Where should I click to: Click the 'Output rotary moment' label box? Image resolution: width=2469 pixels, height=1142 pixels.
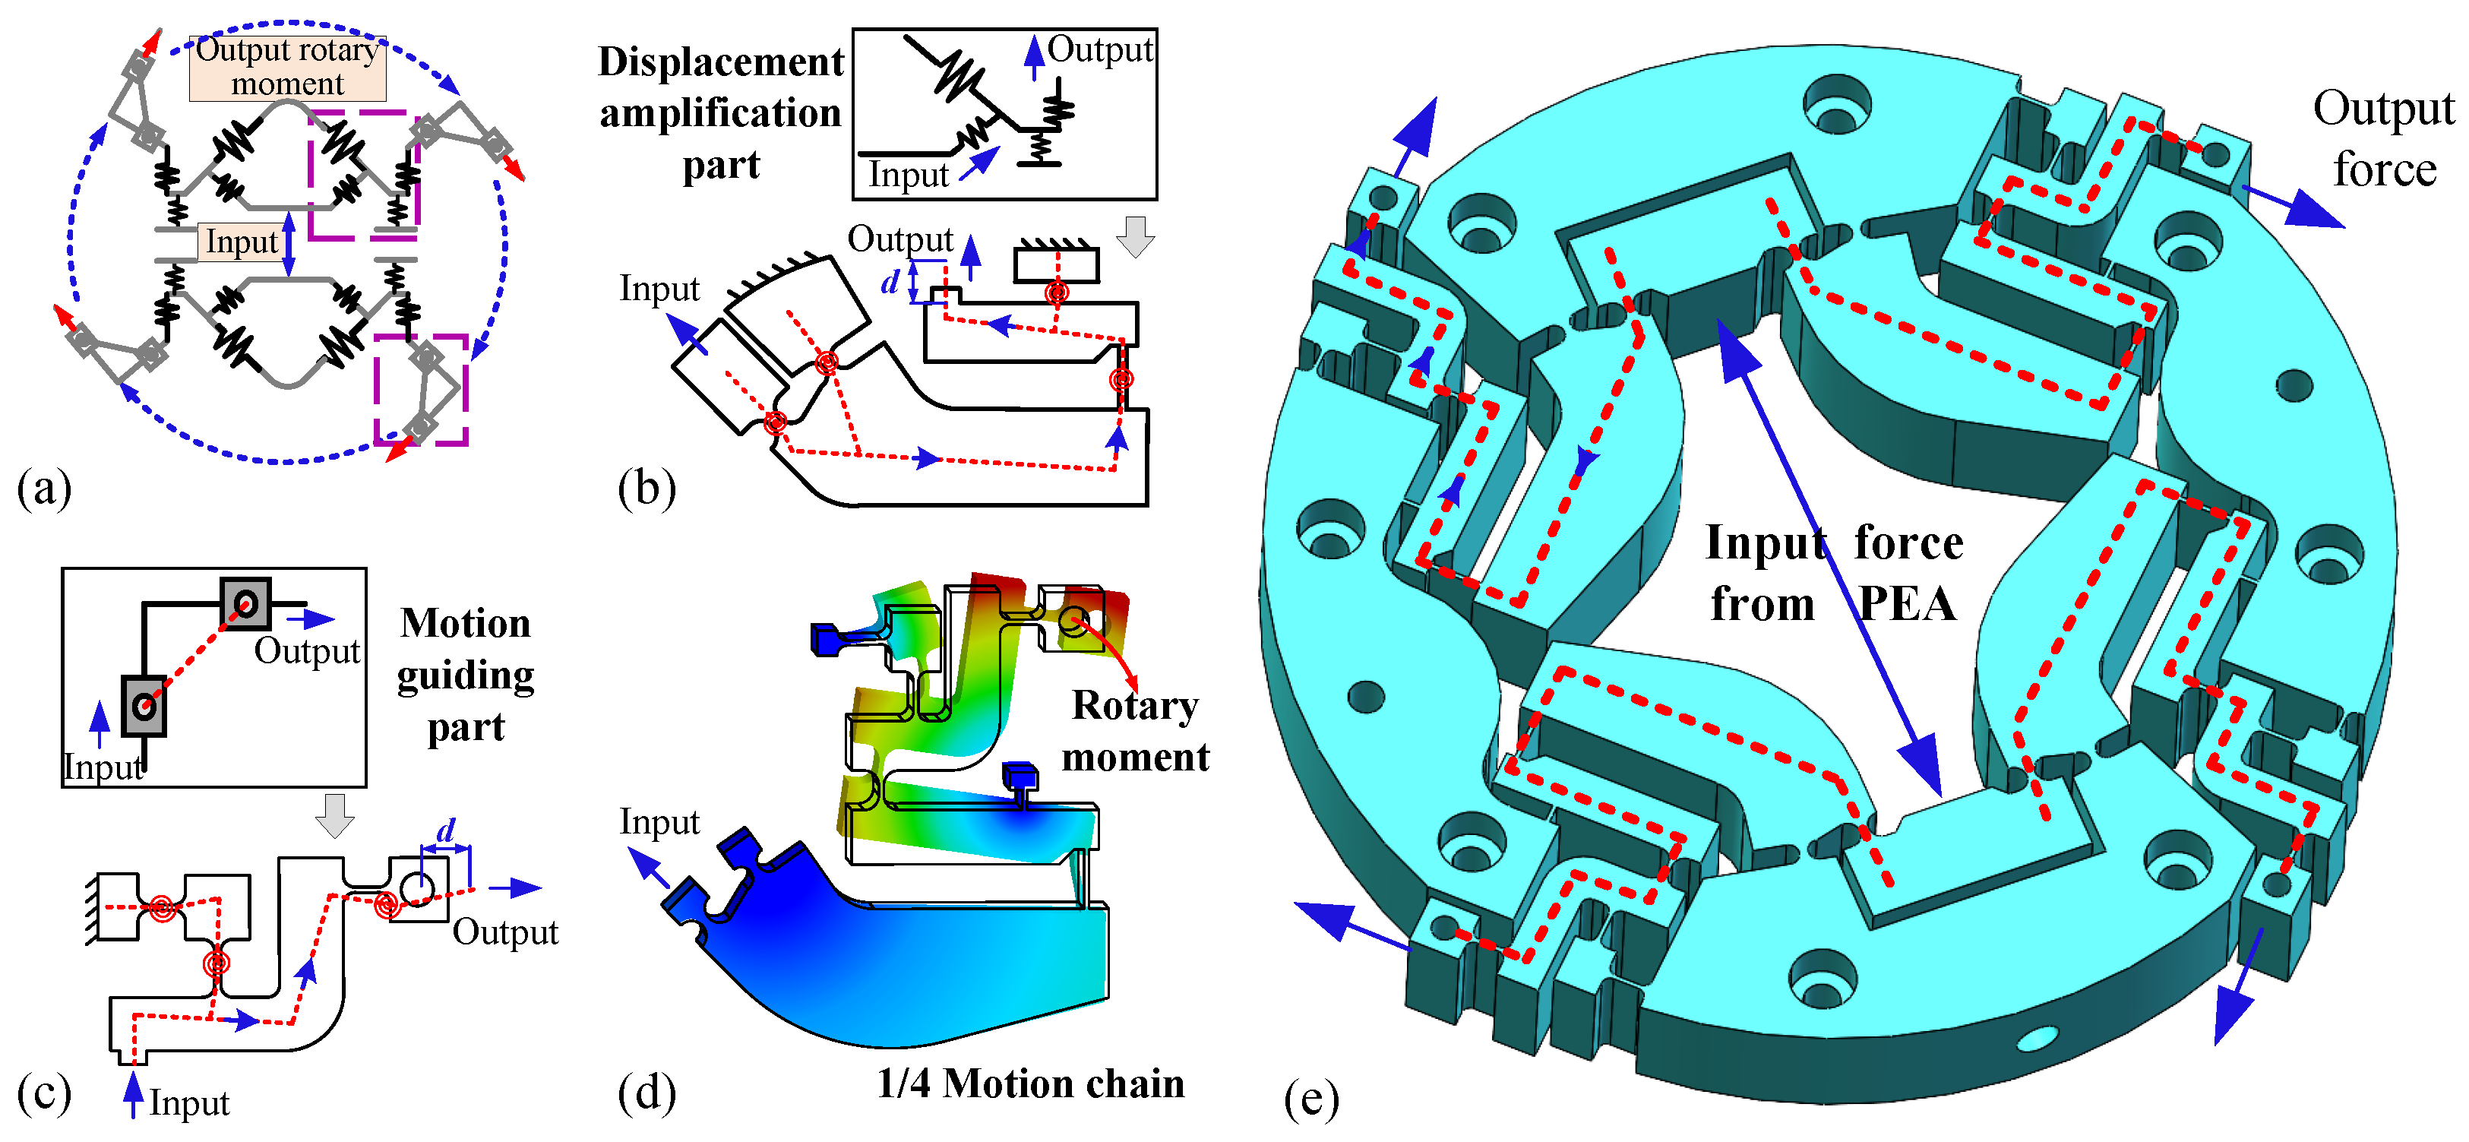click(287, 67)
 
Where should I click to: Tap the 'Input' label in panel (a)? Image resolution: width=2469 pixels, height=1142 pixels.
click(242, 242)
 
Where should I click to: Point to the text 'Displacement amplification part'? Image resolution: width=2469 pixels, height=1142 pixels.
click(721, 113)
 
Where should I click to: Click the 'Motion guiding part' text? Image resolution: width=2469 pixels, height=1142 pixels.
click(466, 675)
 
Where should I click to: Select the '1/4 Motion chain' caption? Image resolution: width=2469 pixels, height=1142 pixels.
click(1030, 1083)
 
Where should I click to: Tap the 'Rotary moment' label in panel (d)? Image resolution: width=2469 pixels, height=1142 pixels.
click(1135, 731)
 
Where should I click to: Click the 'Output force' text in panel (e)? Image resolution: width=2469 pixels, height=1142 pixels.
click(2384, 139)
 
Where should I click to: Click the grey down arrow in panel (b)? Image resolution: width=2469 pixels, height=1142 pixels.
click(1136, 236)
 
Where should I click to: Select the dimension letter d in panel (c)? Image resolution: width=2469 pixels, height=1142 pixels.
click(446, 830)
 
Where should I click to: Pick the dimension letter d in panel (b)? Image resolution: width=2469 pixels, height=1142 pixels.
click(890, 282)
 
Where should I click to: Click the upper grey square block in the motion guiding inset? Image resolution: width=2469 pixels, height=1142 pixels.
click(245, 604)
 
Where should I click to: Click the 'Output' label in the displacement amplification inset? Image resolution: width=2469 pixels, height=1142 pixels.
click(1099, 50)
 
